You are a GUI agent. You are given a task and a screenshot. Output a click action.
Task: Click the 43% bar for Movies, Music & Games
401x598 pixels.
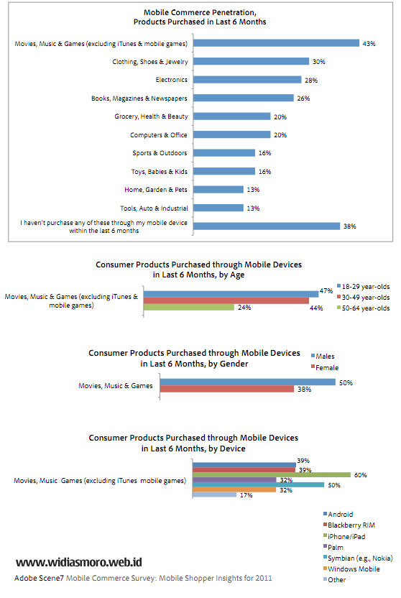point(276,43)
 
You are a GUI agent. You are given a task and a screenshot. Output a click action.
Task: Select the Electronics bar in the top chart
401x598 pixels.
point(247,80)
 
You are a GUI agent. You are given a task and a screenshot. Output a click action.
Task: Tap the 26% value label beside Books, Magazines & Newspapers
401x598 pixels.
point(303,98)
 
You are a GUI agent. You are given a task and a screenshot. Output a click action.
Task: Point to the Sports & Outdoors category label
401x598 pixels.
point(160,153)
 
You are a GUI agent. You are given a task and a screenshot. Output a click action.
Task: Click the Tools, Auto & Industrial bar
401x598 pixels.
point(218,208)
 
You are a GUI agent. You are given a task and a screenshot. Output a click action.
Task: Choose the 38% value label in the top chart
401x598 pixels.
point(349,226)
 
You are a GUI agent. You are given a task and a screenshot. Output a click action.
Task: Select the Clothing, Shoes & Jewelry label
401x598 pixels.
point(149,62)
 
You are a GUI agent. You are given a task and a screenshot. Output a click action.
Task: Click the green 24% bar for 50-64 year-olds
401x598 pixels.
point(189,307)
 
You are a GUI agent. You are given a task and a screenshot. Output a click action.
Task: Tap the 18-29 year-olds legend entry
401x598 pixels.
point(363,286)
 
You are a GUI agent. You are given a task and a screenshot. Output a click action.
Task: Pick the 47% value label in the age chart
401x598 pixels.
point(326,291)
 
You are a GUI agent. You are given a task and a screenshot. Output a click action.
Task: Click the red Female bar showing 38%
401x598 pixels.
point(227,389)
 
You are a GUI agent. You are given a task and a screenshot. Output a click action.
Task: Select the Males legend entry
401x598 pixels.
point(323,356)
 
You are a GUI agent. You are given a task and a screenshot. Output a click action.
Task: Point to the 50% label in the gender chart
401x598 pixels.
point(346,382)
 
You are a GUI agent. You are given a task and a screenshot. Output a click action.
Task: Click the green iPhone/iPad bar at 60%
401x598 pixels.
point(272,475)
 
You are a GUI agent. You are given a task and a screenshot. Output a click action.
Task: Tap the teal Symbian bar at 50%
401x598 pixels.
point(259,484)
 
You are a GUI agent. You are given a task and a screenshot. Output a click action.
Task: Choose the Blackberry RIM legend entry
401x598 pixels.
point(349,525)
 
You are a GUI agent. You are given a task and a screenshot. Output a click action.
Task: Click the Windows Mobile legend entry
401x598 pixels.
point(351,569)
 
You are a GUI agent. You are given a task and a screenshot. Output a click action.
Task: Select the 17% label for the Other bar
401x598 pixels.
point(246,495)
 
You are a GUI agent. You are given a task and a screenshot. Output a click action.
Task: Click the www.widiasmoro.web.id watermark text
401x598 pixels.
point(79,562)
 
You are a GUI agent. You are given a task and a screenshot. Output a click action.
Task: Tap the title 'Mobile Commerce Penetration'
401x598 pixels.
point(200,13)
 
